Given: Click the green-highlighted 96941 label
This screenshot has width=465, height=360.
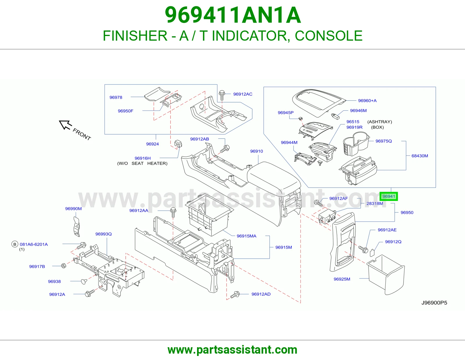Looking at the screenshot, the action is tap(389, 196).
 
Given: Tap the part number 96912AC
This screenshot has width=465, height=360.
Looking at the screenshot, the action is tap(243, 94).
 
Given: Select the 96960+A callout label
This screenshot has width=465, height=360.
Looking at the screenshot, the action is tap(367, 100).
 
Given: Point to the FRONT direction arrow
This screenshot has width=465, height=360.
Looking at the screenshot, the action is tap(65, 125).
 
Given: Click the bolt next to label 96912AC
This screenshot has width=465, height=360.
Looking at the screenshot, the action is tap(222, 95).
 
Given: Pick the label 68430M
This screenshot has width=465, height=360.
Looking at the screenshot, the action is tap(420, 156).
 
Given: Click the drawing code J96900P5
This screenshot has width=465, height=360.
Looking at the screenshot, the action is tap(434, 303).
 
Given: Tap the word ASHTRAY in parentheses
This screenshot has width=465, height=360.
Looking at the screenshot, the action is tap(380, 122).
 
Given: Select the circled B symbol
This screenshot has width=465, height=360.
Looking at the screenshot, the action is tap(15, 244).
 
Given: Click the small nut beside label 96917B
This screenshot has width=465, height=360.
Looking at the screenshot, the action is tap(64, 266).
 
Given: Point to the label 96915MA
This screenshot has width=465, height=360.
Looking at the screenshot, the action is tap(246, 236).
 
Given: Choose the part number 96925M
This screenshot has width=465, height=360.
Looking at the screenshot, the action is tap(342, 279).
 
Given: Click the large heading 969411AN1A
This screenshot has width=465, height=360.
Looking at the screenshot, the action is tap(233, 15).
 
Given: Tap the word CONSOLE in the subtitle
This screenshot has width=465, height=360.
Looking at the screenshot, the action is tap(328, 35).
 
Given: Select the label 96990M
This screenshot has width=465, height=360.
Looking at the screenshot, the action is tap(74, 209).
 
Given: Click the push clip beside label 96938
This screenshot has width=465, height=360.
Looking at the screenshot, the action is tap(84, 281).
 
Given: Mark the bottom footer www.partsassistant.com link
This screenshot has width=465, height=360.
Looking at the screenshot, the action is tap(233, 350).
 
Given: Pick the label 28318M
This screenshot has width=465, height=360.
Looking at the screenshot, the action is tap(375, 204).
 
